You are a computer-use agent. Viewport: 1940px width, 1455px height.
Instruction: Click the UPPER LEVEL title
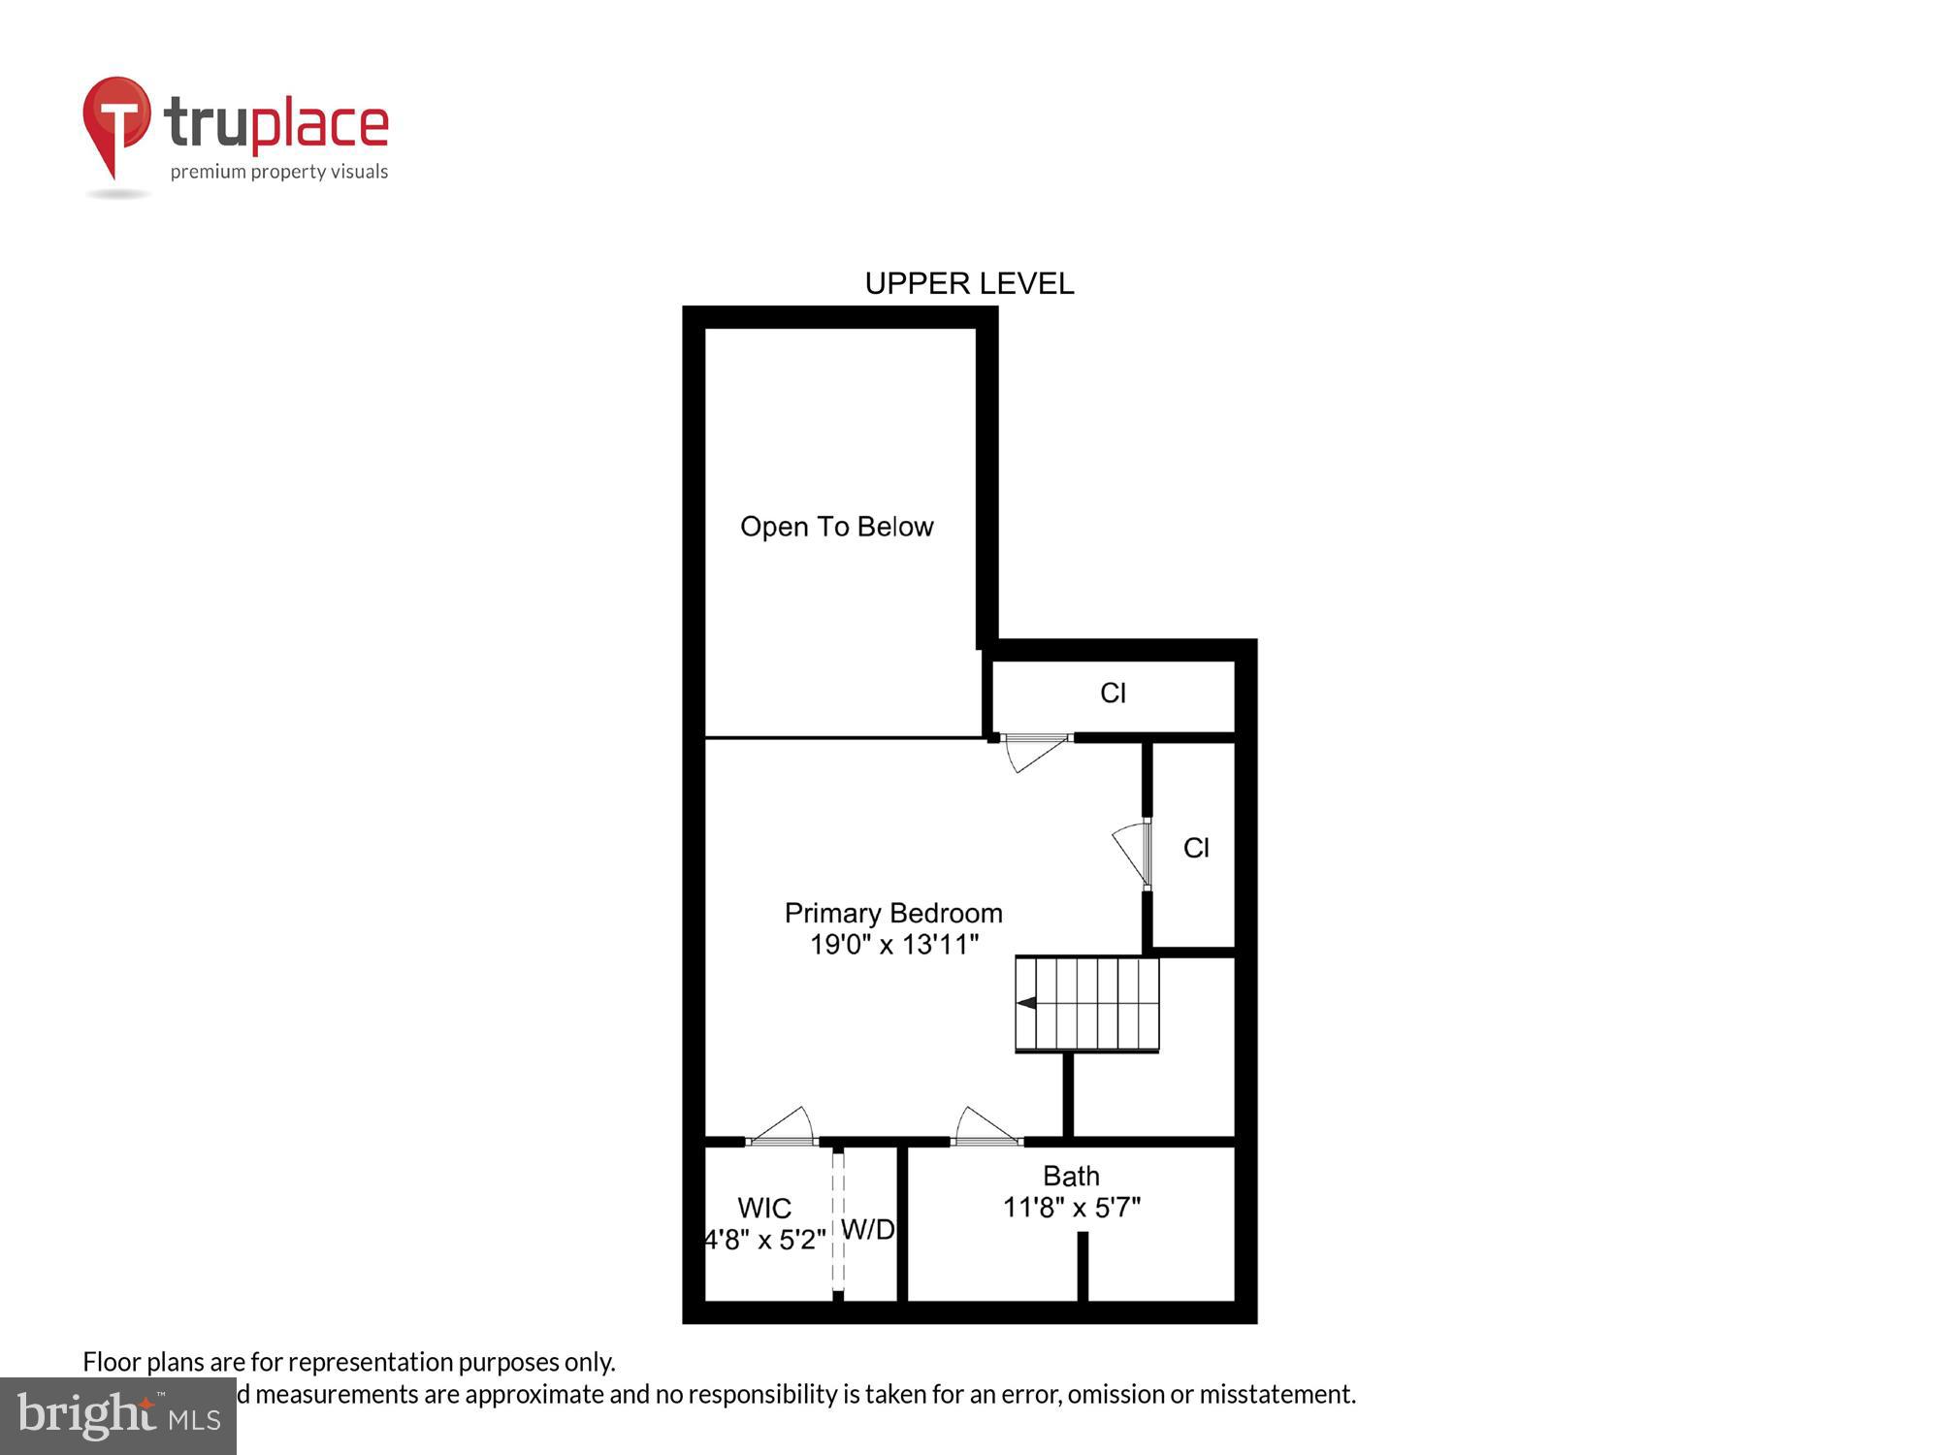(969, 283)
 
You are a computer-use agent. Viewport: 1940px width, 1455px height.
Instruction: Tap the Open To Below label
(836, 527)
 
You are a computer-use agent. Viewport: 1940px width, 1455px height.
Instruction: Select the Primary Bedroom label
(893, 913)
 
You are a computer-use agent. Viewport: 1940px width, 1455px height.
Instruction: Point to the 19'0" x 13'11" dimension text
(894, 944)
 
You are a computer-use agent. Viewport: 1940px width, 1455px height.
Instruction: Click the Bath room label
(1071, 1176)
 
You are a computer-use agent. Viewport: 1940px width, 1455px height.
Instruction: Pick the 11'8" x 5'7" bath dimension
(1071, 1208)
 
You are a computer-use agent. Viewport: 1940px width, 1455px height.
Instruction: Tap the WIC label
(764, 1208)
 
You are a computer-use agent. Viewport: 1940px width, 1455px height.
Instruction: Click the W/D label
(867, 1230)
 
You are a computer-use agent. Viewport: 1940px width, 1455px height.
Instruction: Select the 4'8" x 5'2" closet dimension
(765, 1240)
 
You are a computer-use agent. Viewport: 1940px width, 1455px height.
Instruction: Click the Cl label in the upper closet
(1113, 693)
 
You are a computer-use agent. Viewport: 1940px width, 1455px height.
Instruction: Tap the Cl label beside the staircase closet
(1196, 848)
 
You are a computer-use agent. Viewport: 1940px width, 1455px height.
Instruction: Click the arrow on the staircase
(1026, 1003)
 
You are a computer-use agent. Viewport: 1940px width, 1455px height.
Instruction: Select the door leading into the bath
(986, 1130)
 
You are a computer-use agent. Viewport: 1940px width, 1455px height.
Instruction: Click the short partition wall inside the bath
(1083, 1266)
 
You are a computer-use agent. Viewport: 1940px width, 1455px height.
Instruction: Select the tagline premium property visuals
(279, 173)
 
